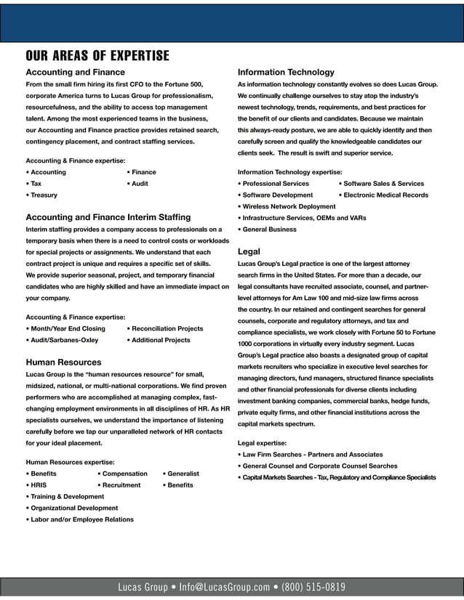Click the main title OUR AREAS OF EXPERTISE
97,56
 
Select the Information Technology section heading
286,73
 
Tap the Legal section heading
249,251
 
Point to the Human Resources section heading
63,362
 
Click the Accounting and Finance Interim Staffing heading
108,216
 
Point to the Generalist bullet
181,474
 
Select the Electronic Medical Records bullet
383,195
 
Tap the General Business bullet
267,230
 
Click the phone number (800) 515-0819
313,587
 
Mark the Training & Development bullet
65,497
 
